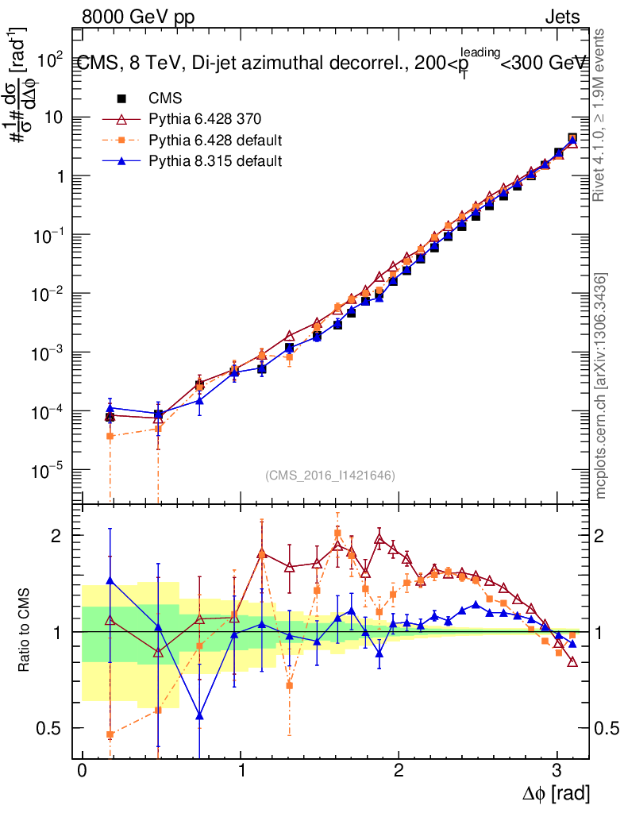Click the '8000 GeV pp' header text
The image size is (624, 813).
[138, 17]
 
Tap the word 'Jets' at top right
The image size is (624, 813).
[562, 17]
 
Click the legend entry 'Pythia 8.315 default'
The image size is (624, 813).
[214, 161]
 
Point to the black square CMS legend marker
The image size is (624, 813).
[122, 99]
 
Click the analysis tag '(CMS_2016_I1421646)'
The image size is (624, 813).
[330, 476]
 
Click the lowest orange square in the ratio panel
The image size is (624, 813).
[110, 735]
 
